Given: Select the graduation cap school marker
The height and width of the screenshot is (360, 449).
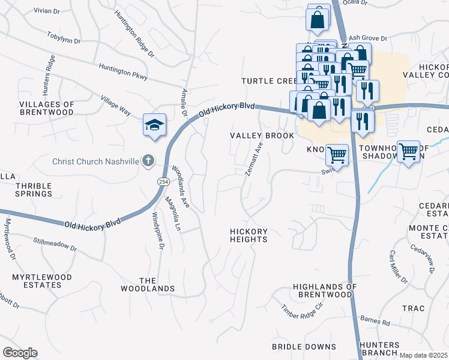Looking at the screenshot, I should coord(154,125).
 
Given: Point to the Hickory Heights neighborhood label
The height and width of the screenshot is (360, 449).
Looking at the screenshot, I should coord(249,235).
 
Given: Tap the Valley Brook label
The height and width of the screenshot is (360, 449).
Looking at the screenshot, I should coord(262,136).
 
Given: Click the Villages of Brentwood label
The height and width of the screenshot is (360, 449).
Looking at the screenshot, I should coord(47,108).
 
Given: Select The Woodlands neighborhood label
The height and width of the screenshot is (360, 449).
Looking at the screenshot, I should coord(157,284).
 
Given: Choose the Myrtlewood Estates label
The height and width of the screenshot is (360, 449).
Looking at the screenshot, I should coord(42,281).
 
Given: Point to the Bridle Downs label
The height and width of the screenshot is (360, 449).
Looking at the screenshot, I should coord(304,347).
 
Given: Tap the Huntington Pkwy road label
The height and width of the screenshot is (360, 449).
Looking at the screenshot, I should coord(123,72).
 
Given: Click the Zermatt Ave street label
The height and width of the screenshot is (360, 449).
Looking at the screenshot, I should coord(255,159).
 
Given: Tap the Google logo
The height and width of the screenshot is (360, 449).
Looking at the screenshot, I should coord(20,353).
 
